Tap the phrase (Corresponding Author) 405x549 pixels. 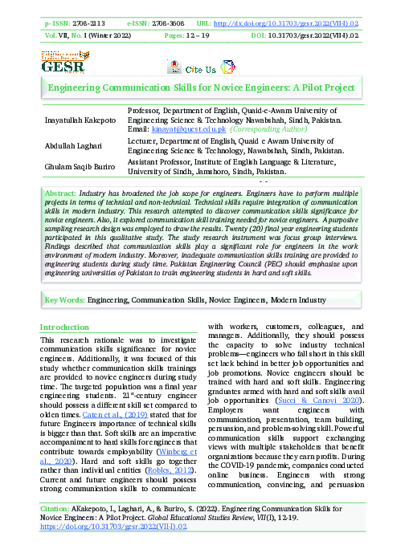click(x=268, y=128)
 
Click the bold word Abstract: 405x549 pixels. click(x=61, y=195)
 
